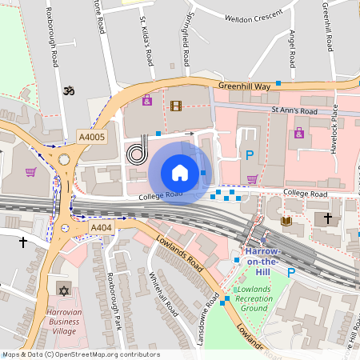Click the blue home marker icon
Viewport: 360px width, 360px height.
pyautogui.click(x=180, y=173)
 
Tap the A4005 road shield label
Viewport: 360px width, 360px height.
pyautogui.click(x=92, y=138)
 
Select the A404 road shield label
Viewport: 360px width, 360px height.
pyautogui.click(x=101, y=228)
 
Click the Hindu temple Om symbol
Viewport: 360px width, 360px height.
pyautogui.click(x=69, y=91)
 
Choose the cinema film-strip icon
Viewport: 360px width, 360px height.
pyautogui.click(x=176, y=106)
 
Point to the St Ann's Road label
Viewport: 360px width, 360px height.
pyautogui.click(x=294, y=110)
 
